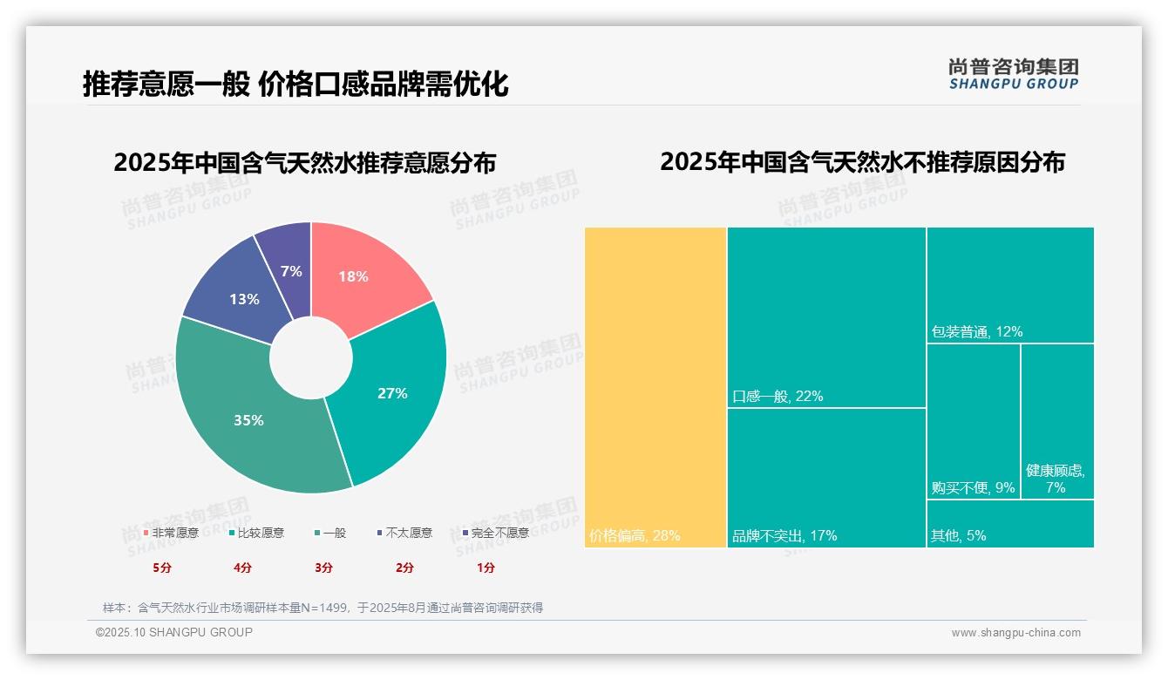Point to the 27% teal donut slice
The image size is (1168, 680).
coord(392,392)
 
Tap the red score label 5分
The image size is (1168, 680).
coord(162,568)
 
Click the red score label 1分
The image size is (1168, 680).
coord(486,568)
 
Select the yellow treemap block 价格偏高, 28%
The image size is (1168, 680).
coord(655,387)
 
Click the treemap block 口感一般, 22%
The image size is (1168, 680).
coord(826,316)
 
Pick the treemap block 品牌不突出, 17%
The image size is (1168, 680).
coord(826,477)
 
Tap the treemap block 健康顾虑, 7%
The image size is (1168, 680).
coord(1056,421)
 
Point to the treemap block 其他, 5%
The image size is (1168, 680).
coord(1009,524)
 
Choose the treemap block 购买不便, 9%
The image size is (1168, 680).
coord(973,421)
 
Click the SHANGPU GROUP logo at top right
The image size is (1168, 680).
coord(1013,74)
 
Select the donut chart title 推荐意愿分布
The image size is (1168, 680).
coord(304,163)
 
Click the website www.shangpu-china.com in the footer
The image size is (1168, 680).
coord(1015,633)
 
